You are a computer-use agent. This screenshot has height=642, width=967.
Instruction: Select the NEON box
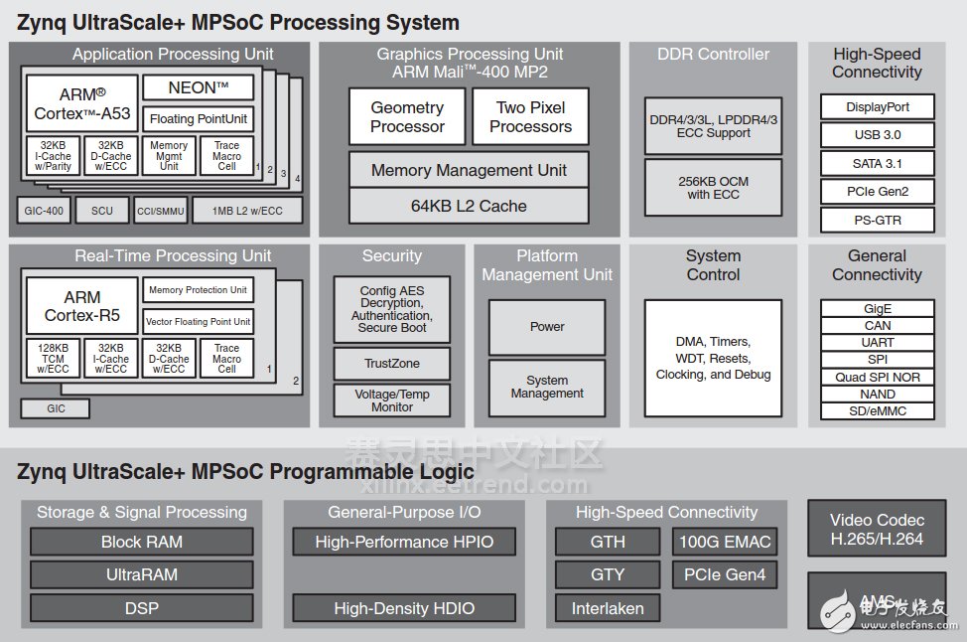pos(198,87)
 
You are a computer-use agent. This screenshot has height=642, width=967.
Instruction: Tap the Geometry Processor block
pos(407,117)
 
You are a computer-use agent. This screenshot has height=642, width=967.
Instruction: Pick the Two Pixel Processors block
pos(530,117)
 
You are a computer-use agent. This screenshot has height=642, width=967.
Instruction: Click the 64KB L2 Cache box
pos(469,206)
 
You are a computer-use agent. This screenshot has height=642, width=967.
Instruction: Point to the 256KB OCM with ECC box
pos(713,188)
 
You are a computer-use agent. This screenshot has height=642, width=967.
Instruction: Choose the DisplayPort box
pos(878,107)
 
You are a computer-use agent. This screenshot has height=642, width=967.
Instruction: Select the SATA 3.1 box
pos(878,164)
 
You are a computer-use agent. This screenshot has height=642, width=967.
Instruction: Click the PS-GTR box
pos(878,220)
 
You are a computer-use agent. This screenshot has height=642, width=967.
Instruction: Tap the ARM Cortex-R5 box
pos(81,306)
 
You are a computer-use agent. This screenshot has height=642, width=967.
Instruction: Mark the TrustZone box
pos(391,364)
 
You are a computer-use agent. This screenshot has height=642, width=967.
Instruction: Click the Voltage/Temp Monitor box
pos(391,401)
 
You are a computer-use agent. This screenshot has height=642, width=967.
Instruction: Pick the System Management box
pos(547,387)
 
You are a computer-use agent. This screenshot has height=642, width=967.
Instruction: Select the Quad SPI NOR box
pos(878,377)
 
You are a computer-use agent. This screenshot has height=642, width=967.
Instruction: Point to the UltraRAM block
pos(142,574)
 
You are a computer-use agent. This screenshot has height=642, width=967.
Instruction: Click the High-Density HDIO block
pos(404,608)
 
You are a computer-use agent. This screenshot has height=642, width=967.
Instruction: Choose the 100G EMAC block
pos(724,542)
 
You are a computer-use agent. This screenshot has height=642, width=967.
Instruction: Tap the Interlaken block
pos(608,608)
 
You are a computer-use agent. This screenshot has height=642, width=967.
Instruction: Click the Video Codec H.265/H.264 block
pos(878,529)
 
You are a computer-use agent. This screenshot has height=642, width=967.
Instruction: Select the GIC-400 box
pos(44,211)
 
